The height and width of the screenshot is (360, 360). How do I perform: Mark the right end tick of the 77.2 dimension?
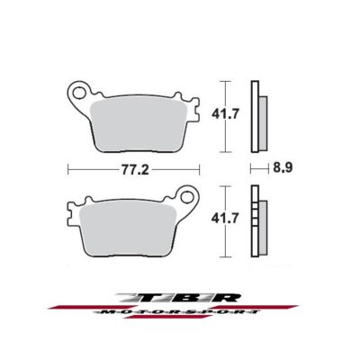[201, 167]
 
